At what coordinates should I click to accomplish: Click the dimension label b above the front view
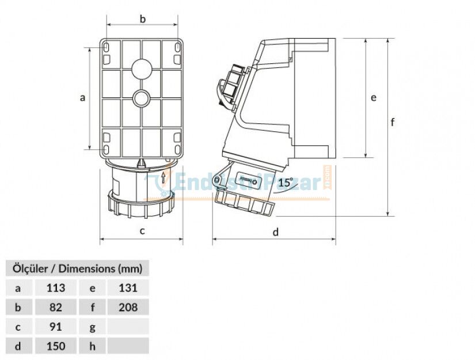click(143, 19)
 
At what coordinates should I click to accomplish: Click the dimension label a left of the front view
click(82, 98)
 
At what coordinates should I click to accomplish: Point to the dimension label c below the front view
click(142, 232)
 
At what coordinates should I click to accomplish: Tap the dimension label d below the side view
click(275, 232)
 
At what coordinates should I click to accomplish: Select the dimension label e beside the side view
click(374, 98)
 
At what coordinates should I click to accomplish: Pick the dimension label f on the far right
click(393, 122)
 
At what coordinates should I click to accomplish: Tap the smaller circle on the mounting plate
click(141, 98)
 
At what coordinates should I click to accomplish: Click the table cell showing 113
click(56, 287)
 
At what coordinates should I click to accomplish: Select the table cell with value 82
click(56, 307)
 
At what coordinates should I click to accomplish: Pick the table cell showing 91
click(56, 327)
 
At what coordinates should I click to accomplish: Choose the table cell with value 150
click(56, 346)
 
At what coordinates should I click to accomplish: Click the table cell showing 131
click(128, 287)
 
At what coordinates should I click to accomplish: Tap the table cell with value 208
click(128, 307)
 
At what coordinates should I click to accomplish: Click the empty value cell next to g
click(128, 327)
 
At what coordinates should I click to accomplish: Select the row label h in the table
click(93, 346)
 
